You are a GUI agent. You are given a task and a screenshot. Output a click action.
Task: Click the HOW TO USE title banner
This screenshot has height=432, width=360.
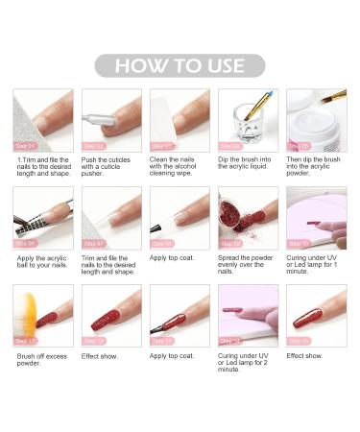(180, 66)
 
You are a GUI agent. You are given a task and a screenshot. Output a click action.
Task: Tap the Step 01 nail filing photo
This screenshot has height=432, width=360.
(42, 120)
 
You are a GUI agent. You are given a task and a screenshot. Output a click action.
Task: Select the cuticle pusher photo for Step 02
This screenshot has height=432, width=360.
(110, 120)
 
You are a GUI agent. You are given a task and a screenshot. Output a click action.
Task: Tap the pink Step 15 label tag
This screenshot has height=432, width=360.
(299, 341)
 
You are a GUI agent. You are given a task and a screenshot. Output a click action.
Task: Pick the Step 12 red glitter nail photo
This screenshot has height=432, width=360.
(110, 316)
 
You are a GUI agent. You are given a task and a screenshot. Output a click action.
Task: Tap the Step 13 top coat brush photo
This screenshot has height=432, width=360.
(180, 316)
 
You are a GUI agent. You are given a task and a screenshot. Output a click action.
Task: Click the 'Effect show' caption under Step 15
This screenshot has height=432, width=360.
(304, 356)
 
